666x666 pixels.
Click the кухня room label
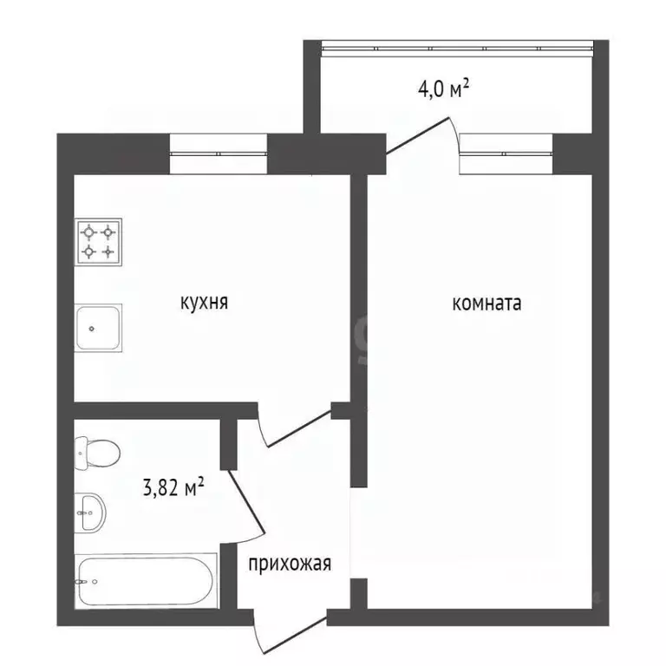(x=204, y=303)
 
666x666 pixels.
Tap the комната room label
(x=486, y=304)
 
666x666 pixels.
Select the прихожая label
(x=290, y=565)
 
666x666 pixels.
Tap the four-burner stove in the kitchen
(x=98, y=242)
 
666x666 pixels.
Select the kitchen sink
(x=98, y=327)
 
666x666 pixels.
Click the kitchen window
(x=218, y=153)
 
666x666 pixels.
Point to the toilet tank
(x=79, y=451)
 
